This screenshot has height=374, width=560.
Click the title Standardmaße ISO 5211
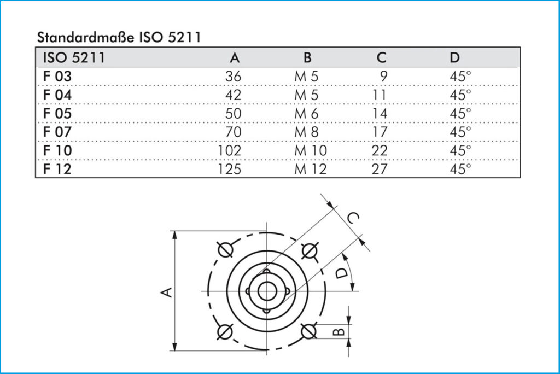119,37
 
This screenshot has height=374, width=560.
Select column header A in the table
235,57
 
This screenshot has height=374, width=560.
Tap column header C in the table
381,57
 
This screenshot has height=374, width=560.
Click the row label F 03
57,76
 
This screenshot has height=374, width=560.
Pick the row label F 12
57,169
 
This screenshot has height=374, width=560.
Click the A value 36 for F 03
233,76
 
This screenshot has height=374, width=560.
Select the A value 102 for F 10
230,150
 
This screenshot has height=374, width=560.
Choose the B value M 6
306,113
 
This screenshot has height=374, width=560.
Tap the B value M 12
311,169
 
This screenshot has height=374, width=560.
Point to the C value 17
380,132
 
